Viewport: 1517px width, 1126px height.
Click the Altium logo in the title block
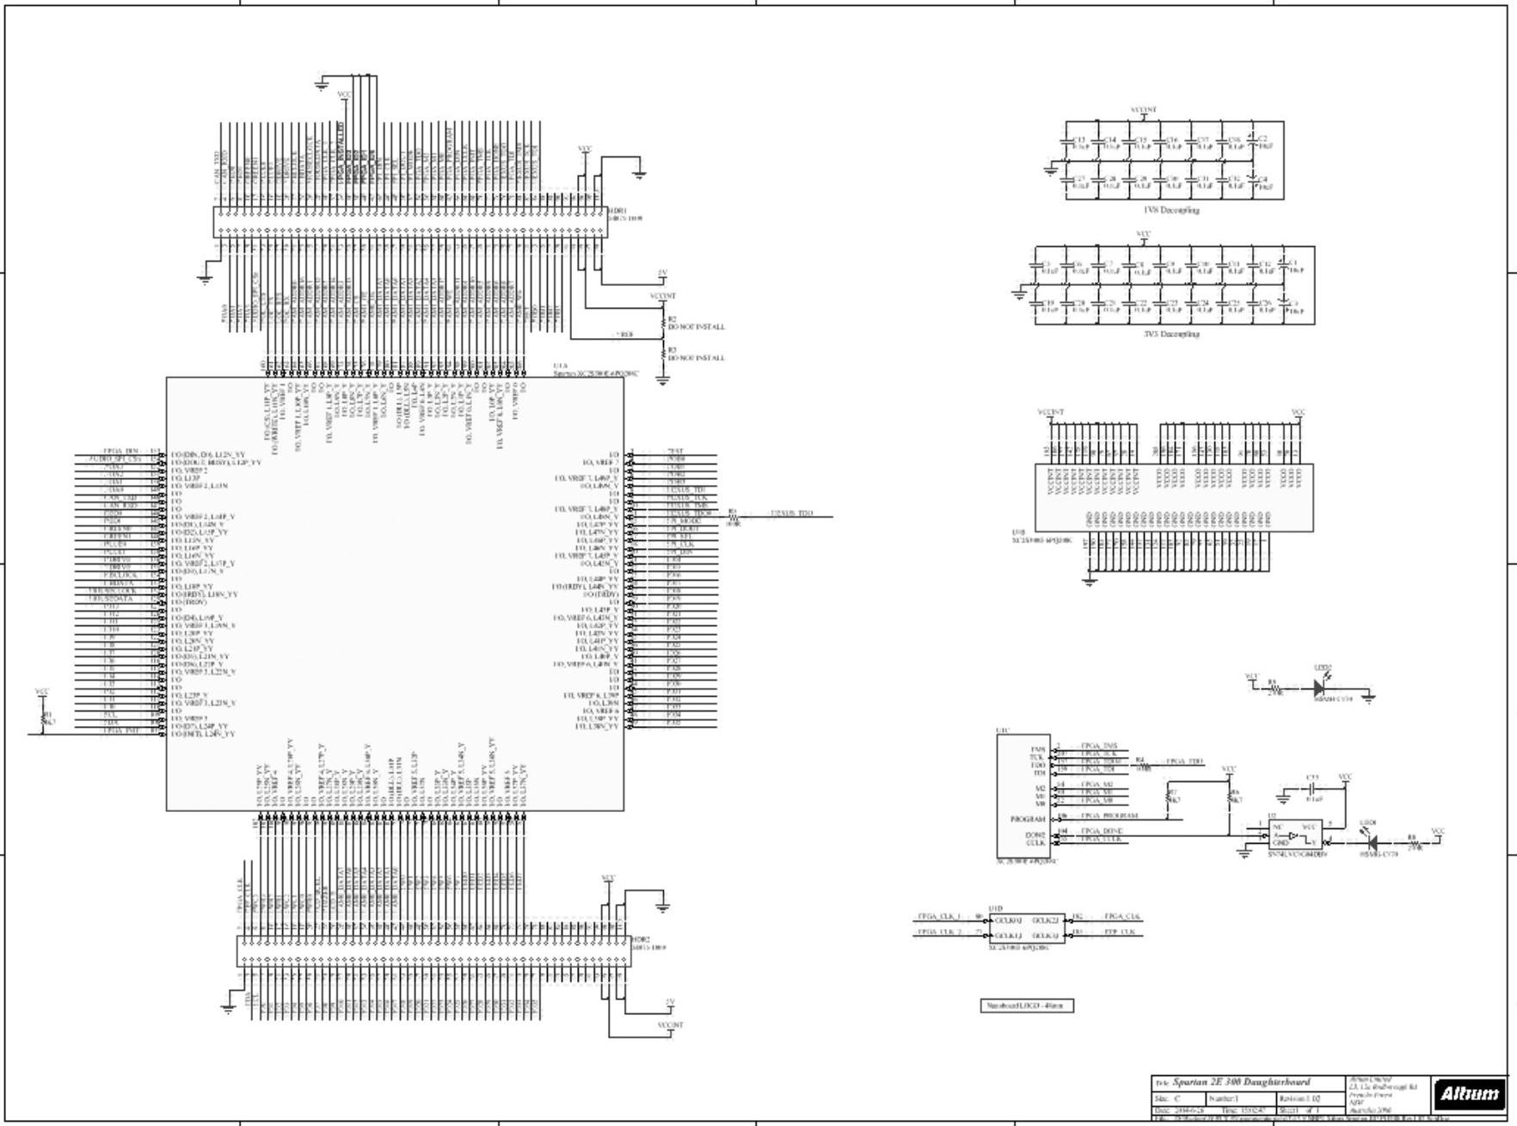click(x=1469, y=1094)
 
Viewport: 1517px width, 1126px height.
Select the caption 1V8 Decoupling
click(x=1171, y=210)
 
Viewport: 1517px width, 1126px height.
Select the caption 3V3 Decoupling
click(x=1171, y=334)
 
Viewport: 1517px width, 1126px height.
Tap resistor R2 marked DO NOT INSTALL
click(x=663, y=323)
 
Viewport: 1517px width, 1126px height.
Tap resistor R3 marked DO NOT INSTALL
click(x=663, y=354)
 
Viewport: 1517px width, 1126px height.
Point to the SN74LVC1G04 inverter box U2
click(x=1296, y=834)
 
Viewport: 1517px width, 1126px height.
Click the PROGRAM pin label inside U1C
click(x=1029, y=819)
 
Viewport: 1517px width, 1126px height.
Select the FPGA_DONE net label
click(x=1102, y=831)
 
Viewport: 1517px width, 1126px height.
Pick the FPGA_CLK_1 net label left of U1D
click(x=939, y=917)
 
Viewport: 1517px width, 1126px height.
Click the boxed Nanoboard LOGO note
click(x=1027, y=1006)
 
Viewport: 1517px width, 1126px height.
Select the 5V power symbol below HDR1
click(x=662, y=274)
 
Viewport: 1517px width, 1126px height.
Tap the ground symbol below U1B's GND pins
click(x=1090, y=581)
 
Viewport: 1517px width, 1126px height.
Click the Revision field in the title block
click(x=1309, y=1098)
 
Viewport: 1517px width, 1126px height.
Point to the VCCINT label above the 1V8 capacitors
click(x=1143, y=110)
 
